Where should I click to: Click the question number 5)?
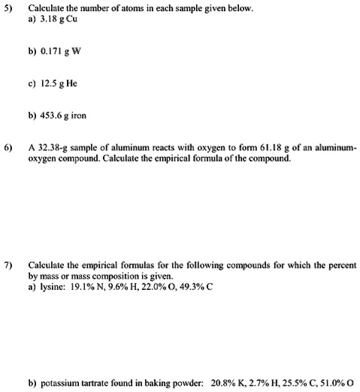coord(9,9)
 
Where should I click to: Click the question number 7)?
coord(9,266)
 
